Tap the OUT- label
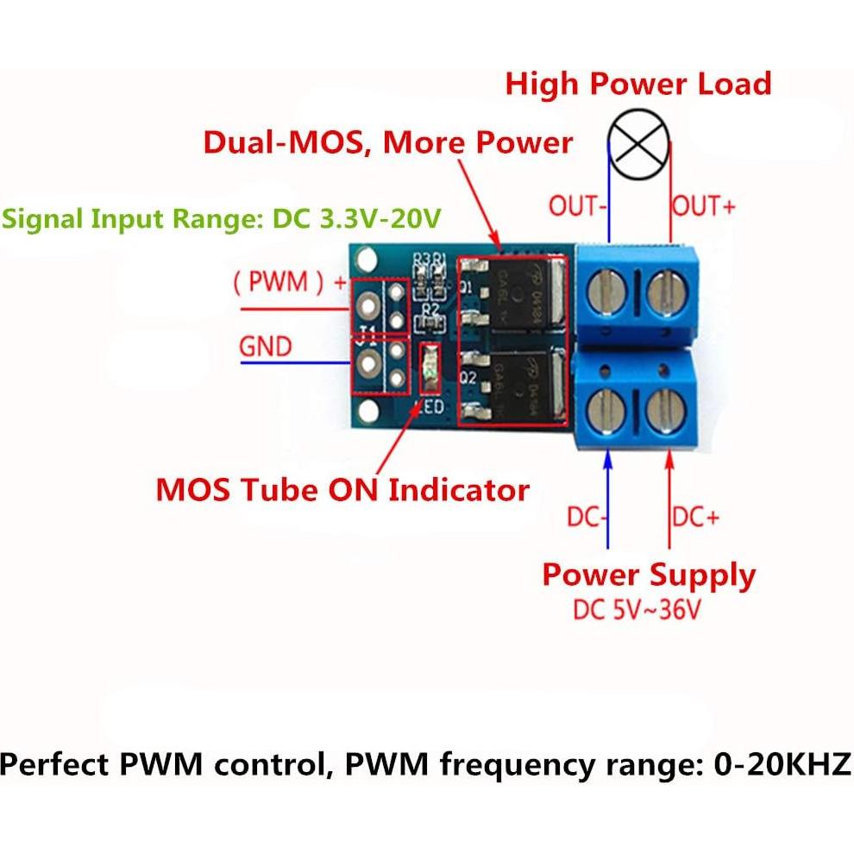click(575, 206)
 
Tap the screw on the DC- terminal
click(606, 412)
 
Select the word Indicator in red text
click(459, 490)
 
